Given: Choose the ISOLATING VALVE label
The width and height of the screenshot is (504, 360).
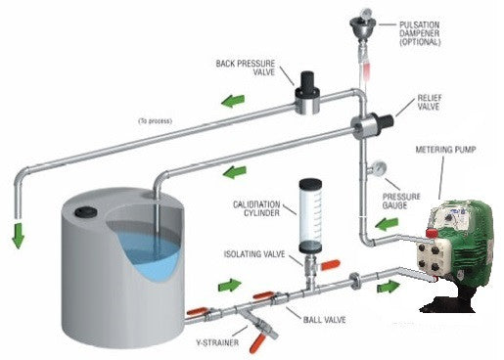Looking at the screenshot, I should point(253,254).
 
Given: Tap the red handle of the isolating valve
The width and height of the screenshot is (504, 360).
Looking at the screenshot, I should point(331,264).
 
